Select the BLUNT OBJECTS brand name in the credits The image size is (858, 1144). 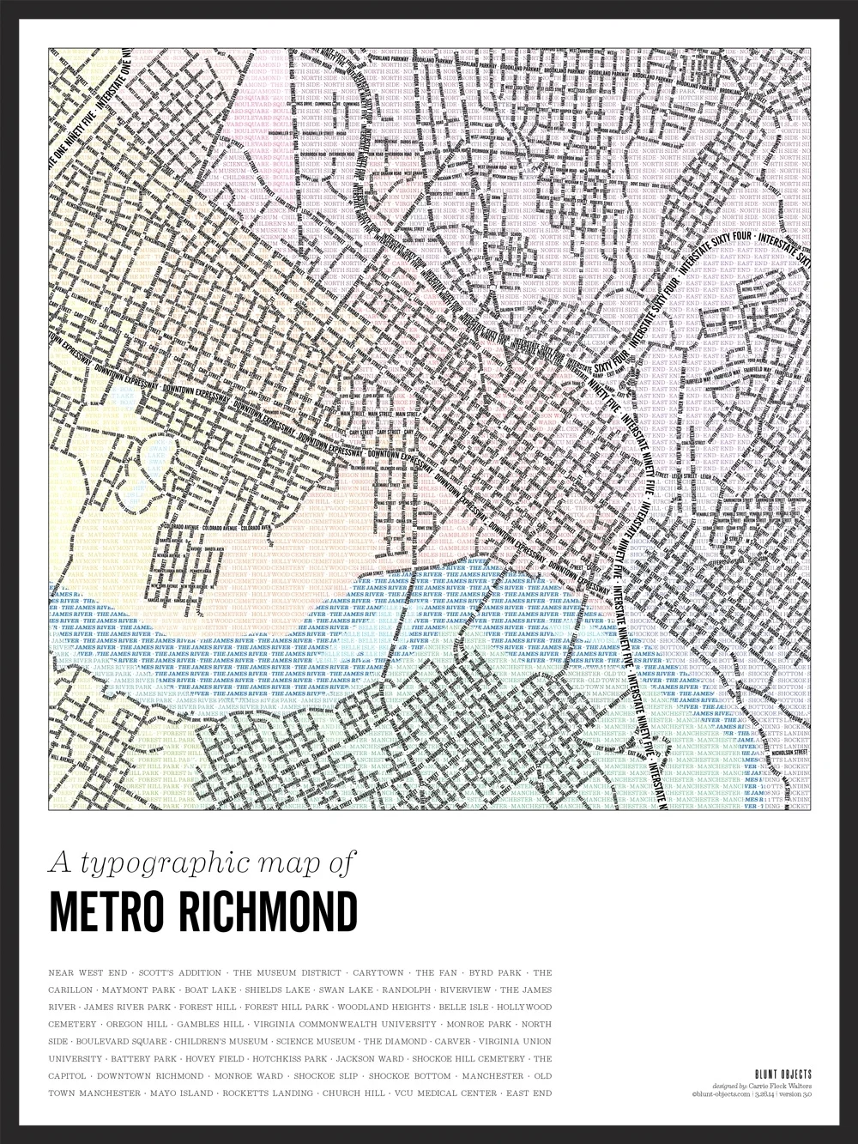(x=782, y=1074)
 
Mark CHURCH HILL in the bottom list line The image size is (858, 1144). (x=352, y=1093)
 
